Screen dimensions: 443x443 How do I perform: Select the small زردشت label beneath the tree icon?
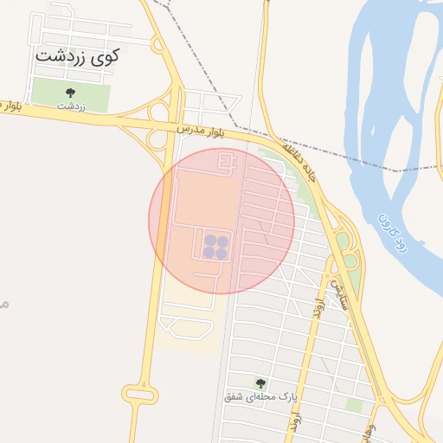71,106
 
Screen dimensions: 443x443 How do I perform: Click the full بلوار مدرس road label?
201,131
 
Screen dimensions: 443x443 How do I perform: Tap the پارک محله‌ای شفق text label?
260,397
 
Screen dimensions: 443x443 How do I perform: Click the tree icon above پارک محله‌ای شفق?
260,382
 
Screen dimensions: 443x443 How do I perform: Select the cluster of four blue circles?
215,247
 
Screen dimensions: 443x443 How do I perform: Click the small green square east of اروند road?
353,404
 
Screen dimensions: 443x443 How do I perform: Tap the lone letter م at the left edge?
3,304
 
